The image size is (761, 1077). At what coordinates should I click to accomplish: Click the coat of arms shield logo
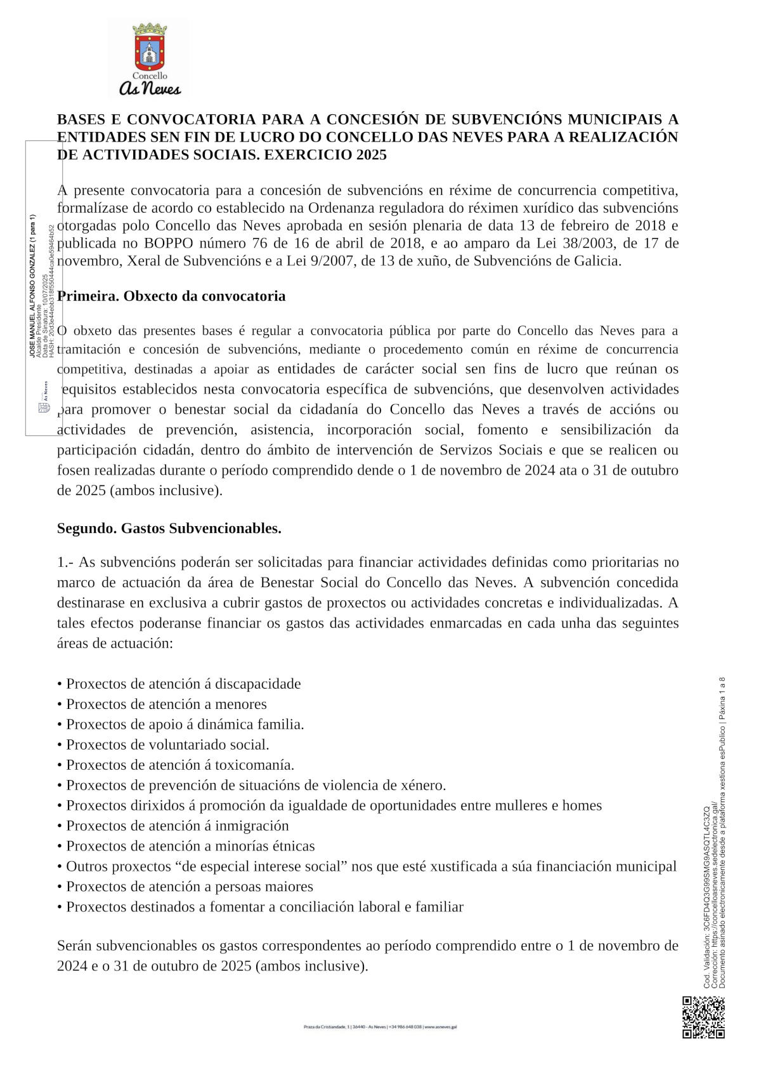(150, 48)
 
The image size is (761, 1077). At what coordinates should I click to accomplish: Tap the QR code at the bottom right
(703, 1017)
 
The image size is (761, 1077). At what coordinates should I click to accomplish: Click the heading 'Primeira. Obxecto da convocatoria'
(171, 296)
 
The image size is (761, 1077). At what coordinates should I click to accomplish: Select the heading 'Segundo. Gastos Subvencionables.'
(169, 528)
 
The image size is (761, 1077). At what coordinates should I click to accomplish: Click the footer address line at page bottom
(380, 1026)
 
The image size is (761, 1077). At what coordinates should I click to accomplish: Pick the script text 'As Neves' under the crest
(150, 89)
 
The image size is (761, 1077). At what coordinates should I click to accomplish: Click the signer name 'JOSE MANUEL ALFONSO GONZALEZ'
(32, 286)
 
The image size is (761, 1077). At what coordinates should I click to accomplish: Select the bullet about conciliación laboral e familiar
(264, 907)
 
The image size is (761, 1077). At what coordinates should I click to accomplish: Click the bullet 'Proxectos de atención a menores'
(166, 704)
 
